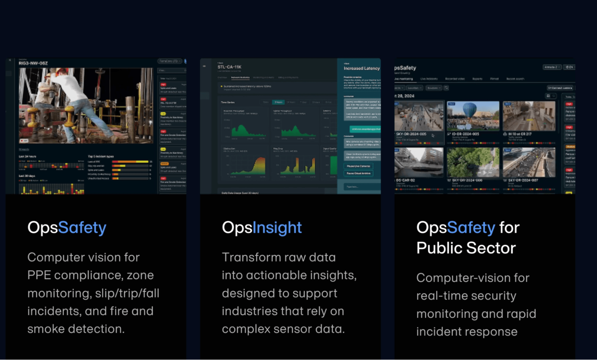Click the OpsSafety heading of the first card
67,227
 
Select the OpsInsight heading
262,227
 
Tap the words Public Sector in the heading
466,248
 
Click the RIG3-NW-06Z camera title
33,63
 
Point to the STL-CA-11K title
229,67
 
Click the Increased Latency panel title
361,68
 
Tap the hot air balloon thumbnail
473,116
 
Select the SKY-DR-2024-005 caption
411,134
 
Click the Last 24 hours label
27,156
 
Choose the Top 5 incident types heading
101,156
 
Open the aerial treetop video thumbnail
472,162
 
